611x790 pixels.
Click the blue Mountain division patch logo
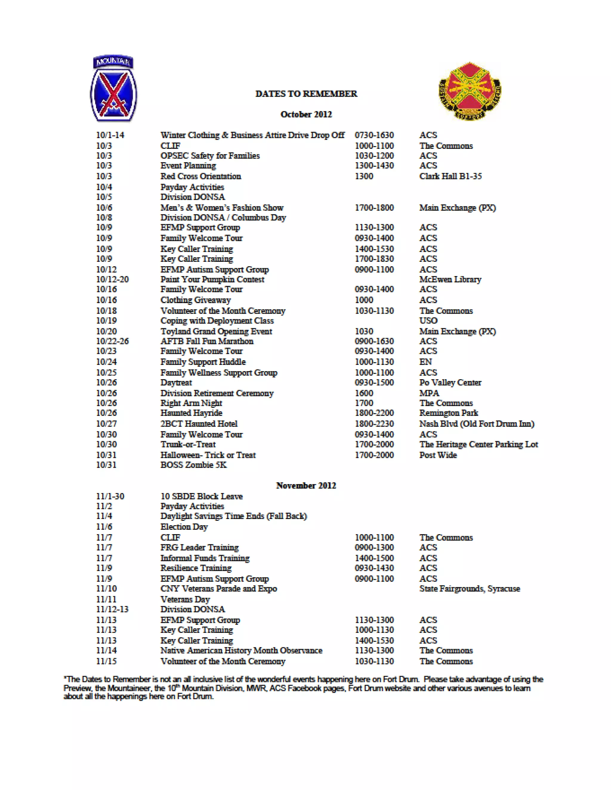tap(113, 89)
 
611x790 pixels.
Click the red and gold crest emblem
tap(470, 91)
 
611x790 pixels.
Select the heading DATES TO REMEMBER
tap(306, 94)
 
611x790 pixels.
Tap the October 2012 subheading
tap(306, 114)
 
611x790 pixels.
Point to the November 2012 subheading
tap(306, 485)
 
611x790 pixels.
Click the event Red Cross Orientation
tap(200, 176)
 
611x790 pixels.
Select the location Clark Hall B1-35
tap(450, 176)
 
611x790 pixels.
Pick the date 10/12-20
tap(112, 279)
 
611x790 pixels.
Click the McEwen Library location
tap(450, 279)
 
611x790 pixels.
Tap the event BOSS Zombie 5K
tap(193, 465)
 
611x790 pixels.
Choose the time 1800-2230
tap(374, 424)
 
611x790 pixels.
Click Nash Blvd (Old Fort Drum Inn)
tap(476, 424)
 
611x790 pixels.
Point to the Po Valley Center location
tap(450, 382)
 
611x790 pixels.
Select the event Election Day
tap(184, 527)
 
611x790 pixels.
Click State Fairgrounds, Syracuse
tap(470, 588)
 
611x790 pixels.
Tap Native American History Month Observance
tap(241, 650)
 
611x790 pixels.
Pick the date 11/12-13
tap(112, 609)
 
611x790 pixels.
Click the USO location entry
tap(428, 320)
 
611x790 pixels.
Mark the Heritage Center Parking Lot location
tap(479, 444)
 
